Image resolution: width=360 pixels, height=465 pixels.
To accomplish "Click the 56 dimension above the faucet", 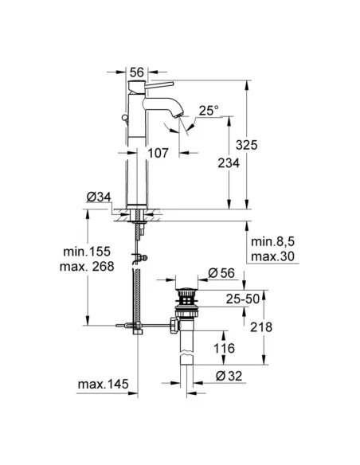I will (136, 71).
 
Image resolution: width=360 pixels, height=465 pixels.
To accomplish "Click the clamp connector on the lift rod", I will (144, 256).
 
